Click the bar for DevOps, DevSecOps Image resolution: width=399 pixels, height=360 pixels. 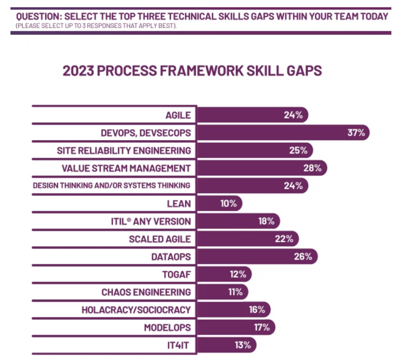tap(282, 133)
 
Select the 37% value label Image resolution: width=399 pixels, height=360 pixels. tap(356, 133)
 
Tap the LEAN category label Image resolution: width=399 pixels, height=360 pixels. tap(179, 204)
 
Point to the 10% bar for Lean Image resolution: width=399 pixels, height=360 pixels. tap(219, 204)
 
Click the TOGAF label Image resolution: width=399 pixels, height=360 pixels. tap(177, 275)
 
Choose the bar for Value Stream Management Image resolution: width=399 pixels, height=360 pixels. tap(262, 168)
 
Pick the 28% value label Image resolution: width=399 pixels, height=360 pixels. tap(312, 168)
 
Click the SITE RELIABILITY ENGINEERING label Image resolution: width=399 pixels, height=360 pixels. tap(124, 150)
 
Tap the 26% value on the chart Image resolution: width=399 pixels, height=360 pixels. tap(303, 257)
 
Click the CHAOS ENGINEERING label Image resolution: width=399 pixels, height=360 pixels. tap(146, 292)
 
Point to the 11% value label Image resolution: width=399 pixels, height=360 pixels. tap(236, 292)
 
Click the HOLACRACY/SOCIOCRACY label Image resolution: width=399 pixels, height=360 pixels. tap(136, 310)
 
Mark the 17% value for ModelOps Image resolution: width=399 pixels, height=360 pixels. tap(262, 327)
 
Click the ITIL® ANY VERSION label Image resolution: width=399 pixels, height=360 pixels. tap(151, 221)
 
